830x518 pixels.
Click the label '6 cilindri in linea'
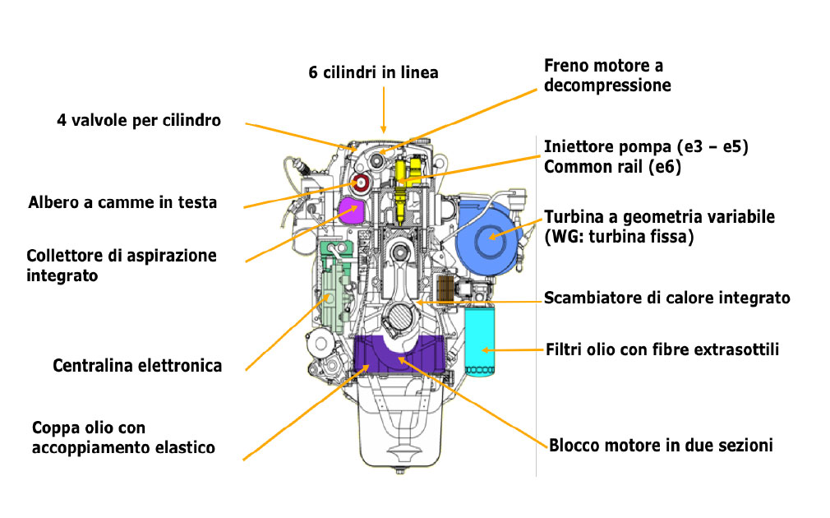[x=373, y=72]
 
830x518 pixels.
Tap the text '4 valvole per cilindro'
[x=139, y=120]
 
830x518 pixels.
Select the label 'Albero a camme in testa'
[x=122, y=201]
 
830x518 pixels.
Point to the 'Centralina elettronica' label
[x=137, y=365]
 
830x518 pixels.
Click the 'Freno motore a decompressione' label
[x=607, y=75]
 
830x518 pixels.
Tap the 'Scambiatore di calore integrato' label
[x=667, y=298]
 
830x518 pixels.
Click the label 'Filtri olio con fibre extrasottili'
[x=662, y=349]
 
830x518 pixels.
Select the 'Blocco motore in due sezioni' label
[x=661, y=446]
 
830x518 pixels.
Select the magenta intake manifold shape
[x=353, y=210]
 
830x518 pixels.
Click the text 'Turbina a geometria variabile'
[x=660, y=217]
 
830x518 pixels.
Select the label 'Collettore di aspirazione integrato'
[x=122, y=265]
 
